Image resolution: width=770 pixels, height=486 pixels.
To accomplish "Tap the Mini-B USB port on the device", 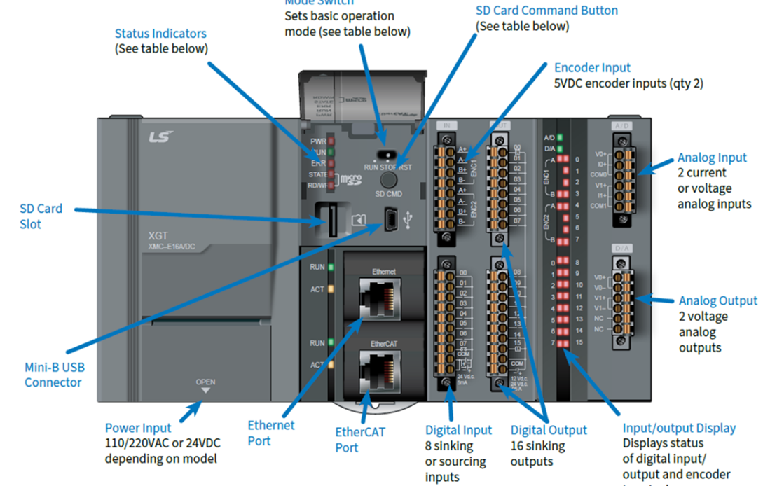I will pyautogui.click(x=391, y=221).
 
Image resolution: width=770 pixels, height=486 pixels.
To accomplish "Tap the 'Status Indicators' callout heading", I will pyautogui.click(x=160, y=34).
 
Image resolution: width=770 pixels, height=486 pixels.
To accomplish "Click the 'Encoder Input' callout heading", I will pyautogui.click(x=592, y=68).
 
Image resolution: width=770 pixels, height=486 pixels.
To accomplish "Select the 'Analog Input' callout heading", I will pyautogui.click(x=712, y=158).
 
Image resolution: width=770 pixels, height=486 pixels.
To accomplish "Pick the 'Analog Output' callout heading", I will pyautogui.click(x=717, y=300).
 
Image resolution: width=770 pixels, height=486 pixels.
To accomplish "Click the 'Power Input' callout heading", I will pyautogui.click(x=138, y=428).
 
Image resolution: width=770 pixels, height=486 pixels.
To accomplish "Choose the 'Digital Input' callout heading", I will pyautogui.click(x=458, y=430).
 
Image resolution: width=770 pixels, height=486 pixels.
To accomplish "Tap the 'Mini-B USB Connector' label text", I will pyautogui.click(x=55, y=375).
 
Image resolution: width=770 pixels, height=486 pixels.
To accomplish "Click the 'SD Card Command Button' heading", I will pyautogui.click(x=546, y=11).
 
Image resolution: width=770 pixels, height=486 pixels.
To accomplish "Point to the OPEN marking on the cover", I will pyautogui.click(x=205, y=382).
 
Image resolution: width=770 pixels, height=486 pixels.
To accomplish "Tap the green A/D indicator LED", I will pyautogui.click(x=560, y=137).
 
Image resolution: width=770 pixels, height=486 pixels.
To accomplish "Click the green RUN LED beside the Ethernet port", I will pyautogui.click(x=330, y=267).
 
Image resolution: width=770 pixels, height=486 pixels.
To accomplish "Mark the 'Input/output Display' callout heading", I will pyautogui.click(x=679, y=428).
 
